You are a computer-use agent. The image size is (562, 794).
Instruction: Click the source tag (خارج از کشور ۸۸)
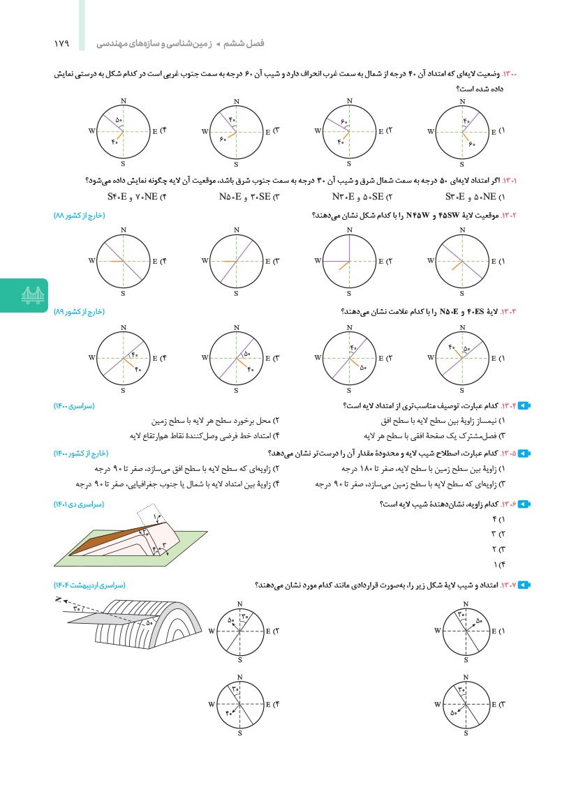click(x=79, y=216)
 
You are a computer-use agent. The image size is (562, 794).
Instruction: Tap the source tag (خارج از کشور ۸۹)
click(x=79, y=311)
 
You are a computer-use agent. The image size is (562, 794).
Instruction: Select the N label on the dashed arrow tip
click(x=57, y=599)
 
